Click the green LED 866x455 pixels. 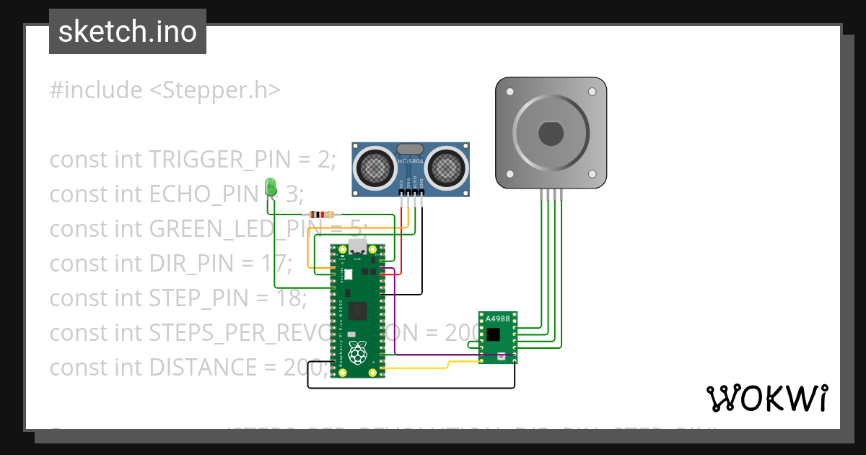(271, 186)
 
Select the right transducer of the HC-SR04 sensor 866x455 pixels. (446, 168)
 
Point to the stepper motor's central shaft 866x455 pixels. (551, 134)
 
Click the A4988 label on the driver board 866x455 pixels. (497, 318)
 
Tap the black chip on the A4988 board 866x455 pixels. (494, 334)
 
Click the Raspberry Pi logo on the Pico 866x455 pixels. (356, 353)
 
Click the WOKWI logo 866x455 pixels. (766, 398)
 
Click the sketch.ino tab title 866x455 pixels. (128, 32)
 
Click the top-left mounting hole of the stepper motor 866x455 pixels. (510, 92)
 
